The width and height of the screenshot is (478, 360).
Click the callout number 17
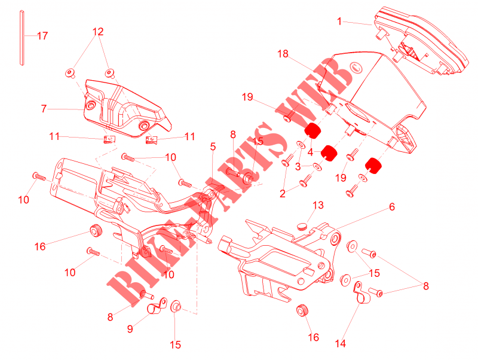coord(42,36)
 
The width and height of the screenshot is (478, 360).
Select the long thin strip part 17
coord(22,38)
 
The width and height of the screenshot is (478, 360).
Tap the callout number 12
coord(98,32)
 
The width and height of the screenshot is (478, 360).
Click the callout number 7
coord(44,109)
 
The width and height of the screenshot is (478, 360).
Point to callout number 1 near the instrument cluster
coord(339,22)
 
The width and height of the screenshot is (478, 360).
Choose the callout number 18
coord(283,54)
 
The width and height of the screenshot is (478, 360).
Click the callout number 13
coord(318,205)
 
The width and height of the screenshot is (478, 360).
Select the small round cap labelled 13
coord(302,227)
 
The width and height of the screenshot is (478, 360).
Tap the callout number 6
coord(392,207)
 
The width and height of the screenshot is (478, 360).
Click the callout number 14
coord(340,343)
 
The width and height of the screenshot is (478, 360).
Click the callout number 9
coord(130,328)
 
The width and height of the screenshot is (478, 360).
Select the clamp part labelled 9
coord(157,306)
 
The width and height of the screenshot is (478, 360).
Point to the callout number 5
coord(213,147)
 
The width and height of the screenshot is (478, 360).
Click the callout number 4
coord(310,152)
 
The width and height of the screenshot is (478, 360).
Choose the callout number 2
coord(283,194)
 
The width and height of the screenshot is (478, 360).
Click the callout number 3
coord(298,167)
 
